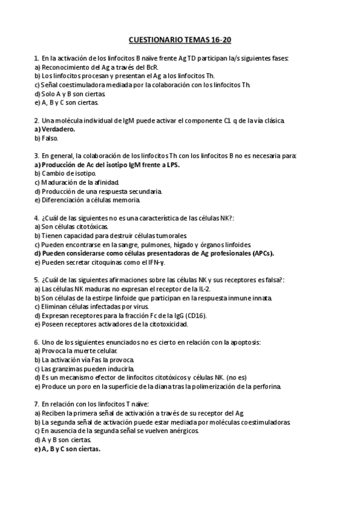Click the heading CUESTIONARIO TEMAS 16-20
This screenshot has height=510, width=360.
[x=180, y=40]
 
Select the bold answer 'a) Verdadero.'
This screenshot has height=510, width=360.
[x=55, y=129]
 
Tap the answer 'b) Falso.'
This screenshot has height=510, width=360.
[x=46, y=138]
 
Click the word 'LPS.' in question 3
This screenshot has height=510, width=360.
[x=171, y=165]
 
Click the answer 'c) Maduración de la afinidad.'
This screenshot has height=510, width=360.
[x=77, y=182]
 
